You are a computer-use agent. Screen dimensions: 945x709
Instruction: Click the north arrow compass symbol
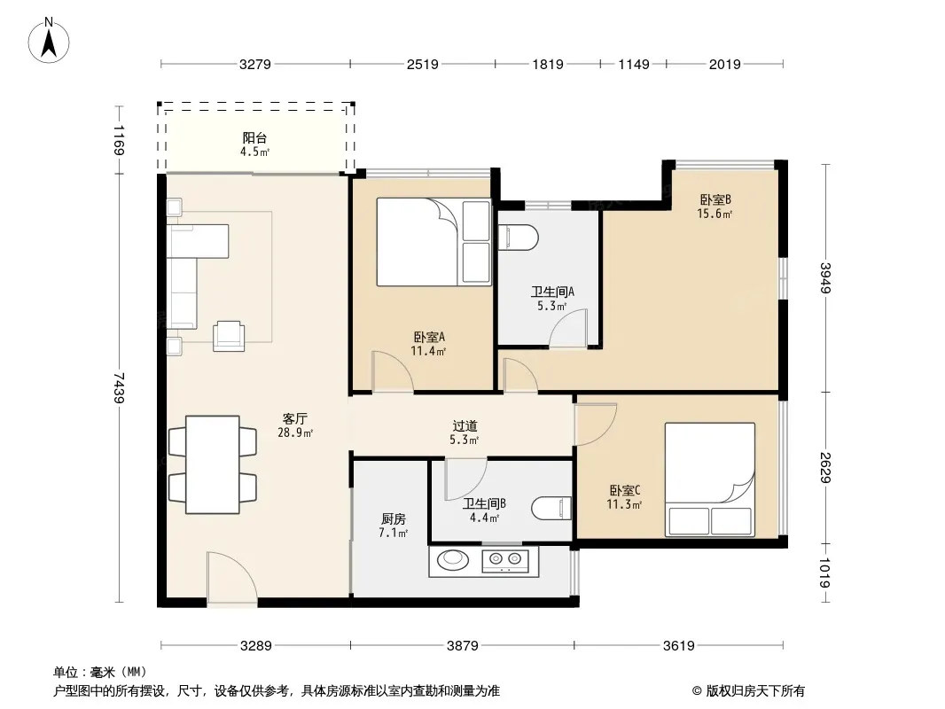(49, 41)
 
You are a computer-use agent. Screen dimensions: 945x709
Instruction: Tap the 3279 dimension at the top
(255, 64)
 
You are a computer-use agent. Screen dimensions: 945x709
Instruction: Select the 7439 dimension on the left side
(120, 388)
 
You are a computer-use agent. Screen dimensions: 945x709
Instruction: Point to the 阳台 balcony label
(255, 138)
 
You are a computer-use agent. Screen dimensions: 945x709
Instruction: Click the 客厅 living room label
(295, 418)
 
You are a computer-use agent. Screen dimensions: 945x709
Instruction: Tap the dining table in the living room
(213, 464)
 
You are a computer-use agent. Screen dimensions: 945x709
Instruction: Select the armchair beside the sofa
(229, 336)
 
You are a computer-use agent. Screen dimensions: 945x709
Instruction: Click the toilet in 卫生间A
(519, 238)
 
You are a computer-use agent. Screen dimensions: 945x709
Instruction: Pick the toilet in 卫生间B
(551, 509)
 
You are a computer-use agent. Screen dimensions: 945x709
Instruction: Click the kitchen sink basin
(453, 559)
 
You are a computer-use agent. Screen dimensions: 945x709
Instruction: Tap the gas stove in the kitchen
(505, 561)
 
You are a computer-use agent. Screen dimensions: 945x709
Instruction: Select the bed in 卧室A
(433, 242)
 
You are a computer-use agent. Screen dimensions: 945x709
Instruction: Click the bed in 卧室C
(710, 479)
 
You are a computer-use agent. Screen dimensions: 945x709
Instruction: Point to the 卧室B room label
(715, 199)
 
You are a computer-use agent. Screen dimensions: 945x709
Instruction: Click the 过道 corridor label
(465, 426)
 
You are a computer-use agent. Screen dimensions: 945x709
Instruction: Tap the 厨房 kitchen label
(394, 518)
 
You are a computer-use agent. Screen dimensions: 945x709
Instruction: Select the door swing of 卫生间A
(567, 328)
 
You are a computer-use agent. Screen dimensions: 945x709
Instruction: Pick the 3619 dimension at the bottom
(679, 646)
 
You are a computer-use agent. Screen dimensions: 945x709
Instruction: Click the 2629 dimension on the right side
(825, 467)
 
